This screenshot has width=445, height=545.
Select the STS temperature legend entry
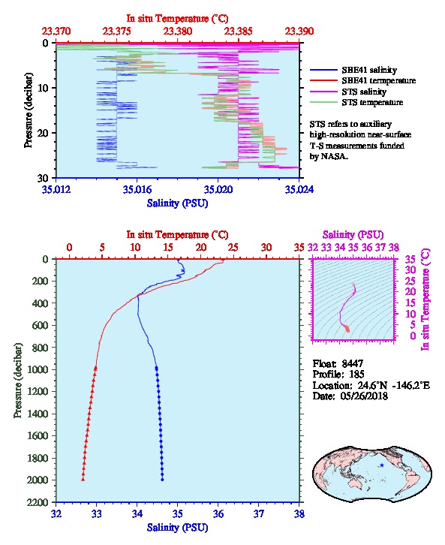coord(356,102)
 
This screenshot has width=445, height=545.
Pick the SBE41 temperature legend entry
coord(362,80)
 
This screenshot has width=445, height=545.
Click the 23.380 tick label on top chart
coord(178,32)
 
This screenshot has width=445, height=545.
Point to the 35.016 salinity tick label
coord(137,189)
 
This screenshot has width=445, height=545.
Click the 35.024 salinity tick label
coord(299,189)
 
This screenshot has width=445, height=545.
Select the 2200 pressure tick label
coord(38,502)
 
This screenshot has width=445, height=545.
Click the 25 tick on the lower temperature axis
coord(233,248)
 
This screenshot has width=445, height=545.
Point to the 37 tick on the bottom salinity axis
coord(258,513)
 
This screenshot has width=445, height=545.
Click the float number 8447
coord(352,364)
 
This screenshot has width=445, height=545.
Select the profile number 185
coord(356,375)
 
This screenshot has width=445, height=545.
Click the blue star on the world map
coord(382,465)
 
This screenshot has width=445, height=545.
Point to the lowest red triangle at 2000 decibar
coord(83,479)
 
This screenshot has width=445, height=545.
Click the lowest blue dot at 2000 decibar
coord(162,480)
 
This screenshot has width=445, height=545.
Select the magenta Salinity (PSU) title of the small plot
coord(353,235)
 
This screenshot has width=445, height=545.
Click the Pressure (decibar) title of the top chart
coord(29,110)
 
